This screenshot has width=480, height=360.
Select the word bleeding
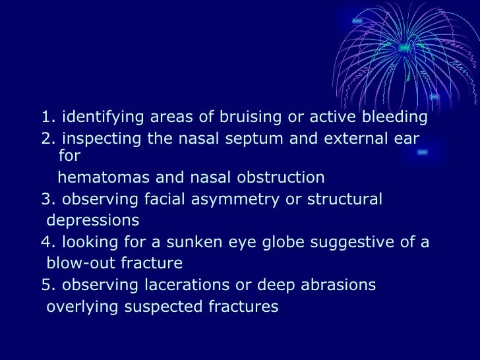tap(393, 117)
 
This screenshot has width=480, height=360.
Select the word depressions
tap(92, 220)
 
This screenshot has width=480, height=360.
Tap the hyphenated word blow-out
tap(74, 264)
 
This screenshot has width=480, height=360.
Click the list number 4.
tap(46, 242)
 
